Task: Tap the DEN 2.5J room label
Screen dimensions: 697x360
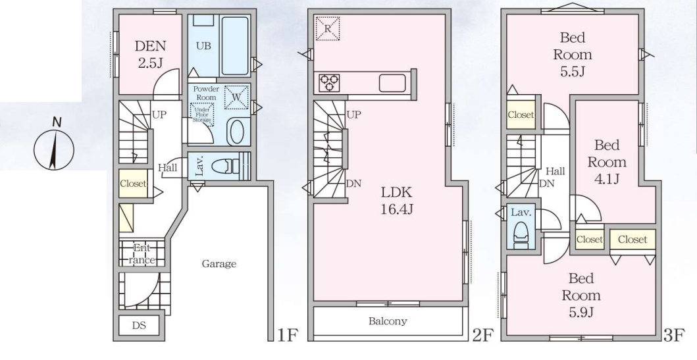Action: coord(150,54)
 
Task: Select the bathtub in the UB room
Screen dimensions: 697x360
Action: coord(235,46)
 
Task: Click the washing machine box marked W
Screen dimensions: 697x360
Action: coord(236,97)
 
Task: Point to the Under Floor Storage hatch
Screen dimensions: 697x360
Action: coord(202,115)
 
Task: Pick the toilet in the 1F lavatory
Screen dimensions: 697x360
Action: coord(225,167)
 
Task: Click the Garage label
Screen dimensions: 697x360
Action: coord(219,264)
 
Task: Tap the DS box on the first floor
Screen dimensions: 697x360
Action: coord(139,325)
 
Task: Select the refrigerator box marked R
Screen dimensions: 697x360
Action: coord(328,28)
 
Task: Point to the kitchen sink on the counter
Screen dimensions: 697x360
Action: coord(392,83)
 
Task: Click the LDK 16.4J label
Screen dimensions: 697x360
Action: coord(396,201)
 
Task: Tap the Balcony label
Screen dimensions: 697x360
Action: coord(388,321)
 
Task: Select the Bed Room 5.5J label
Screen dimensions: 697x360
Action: coord(572,54)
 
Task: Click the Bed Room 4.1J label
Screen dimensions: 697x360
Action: coord(606,162)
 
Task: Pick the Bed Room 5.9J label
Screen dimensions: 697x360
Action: coord(581,296)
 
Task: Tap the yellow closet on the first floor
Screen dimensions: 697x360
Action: coord(133,183)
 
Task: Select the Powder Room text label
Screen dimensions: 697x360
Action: coord(206,93)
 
